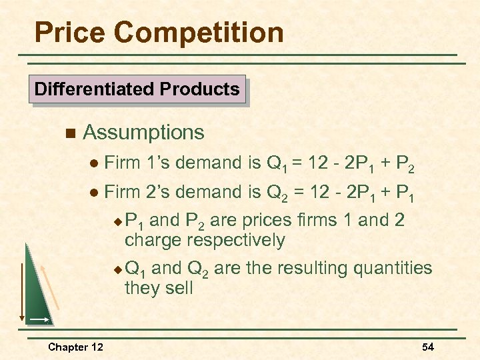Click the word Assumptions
[143, 133]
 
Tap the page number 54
[428, 347]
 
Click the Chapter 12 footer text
[75, 347]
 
